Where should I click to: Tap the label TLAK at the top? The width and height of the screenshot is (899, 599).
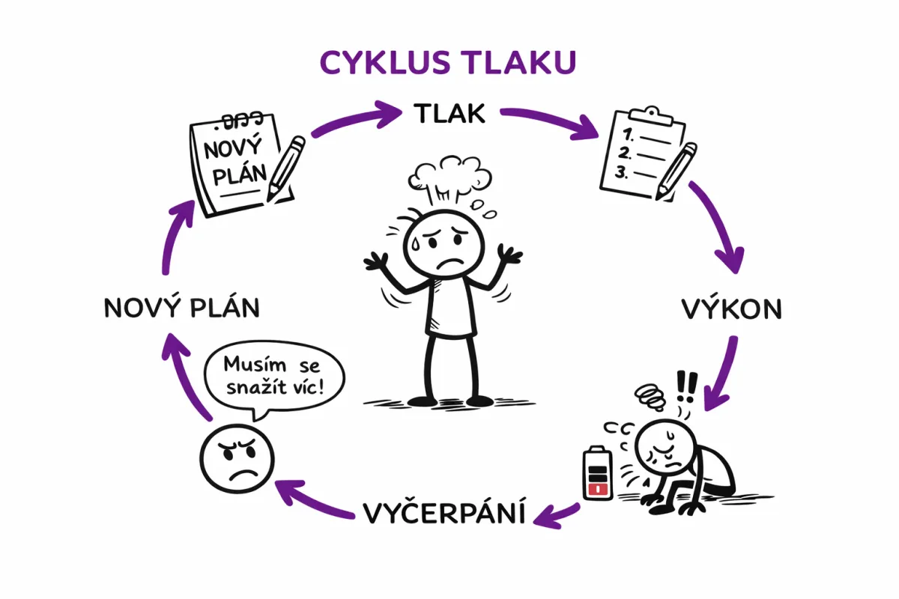pos(449,114)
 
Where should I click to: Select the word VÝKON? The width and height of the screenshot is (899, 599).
pos(730,309)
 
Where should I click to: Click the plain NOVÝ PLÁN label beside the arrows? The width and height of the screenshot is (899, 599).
pos(182,308)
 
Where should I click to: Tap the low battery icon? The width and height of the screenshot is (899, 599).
pos(598,473)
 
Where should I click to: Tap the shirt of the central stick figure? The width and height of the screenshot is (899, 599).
pos(449,306)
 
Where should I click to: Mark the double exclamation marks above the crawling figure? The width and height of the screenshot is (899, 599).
pos(685,387)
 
